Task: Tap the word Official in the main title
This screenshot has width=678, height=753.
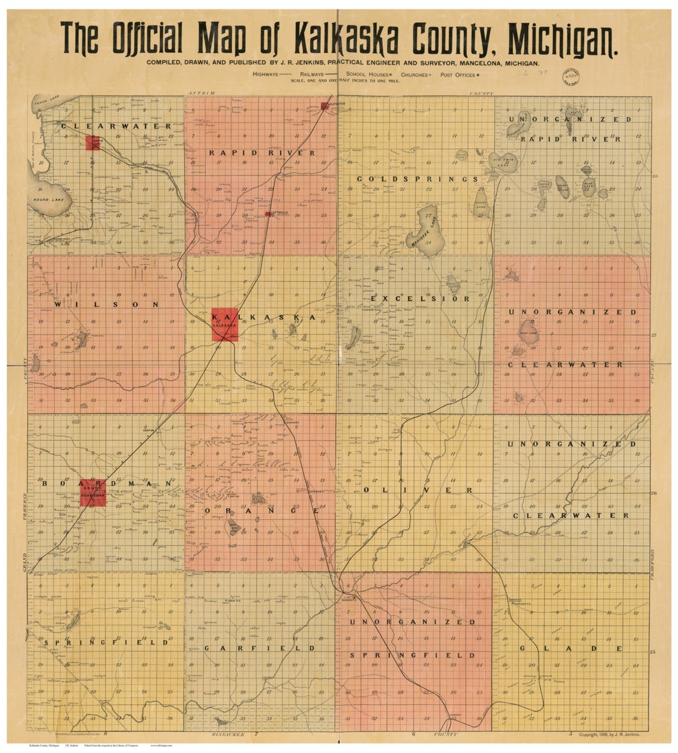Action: pyautogui.click(x=146, y=40)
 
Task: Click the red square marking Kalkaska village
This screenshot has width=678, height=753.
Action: pyautogui.click(x=224, y=325)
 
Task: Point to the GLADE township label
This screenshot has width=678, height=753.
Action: pyautogui.click(x=571, y=648)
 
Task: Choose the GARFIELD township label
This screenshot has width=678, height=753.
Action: pyautogui.click(x=259, y=648)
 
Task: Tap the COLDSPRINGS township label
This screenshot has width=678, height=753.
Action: pyautogui.click(x=417, y=179)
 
